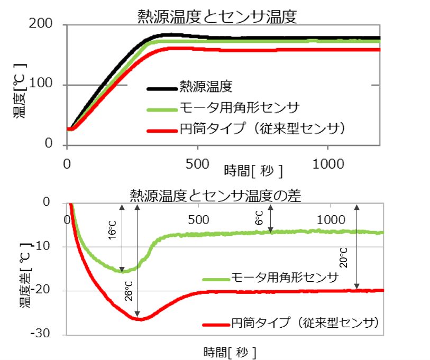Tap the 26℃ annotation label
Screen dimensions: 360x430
point(129,291)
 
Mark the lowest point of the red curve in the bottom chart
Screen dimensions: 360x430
point(140,319)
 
